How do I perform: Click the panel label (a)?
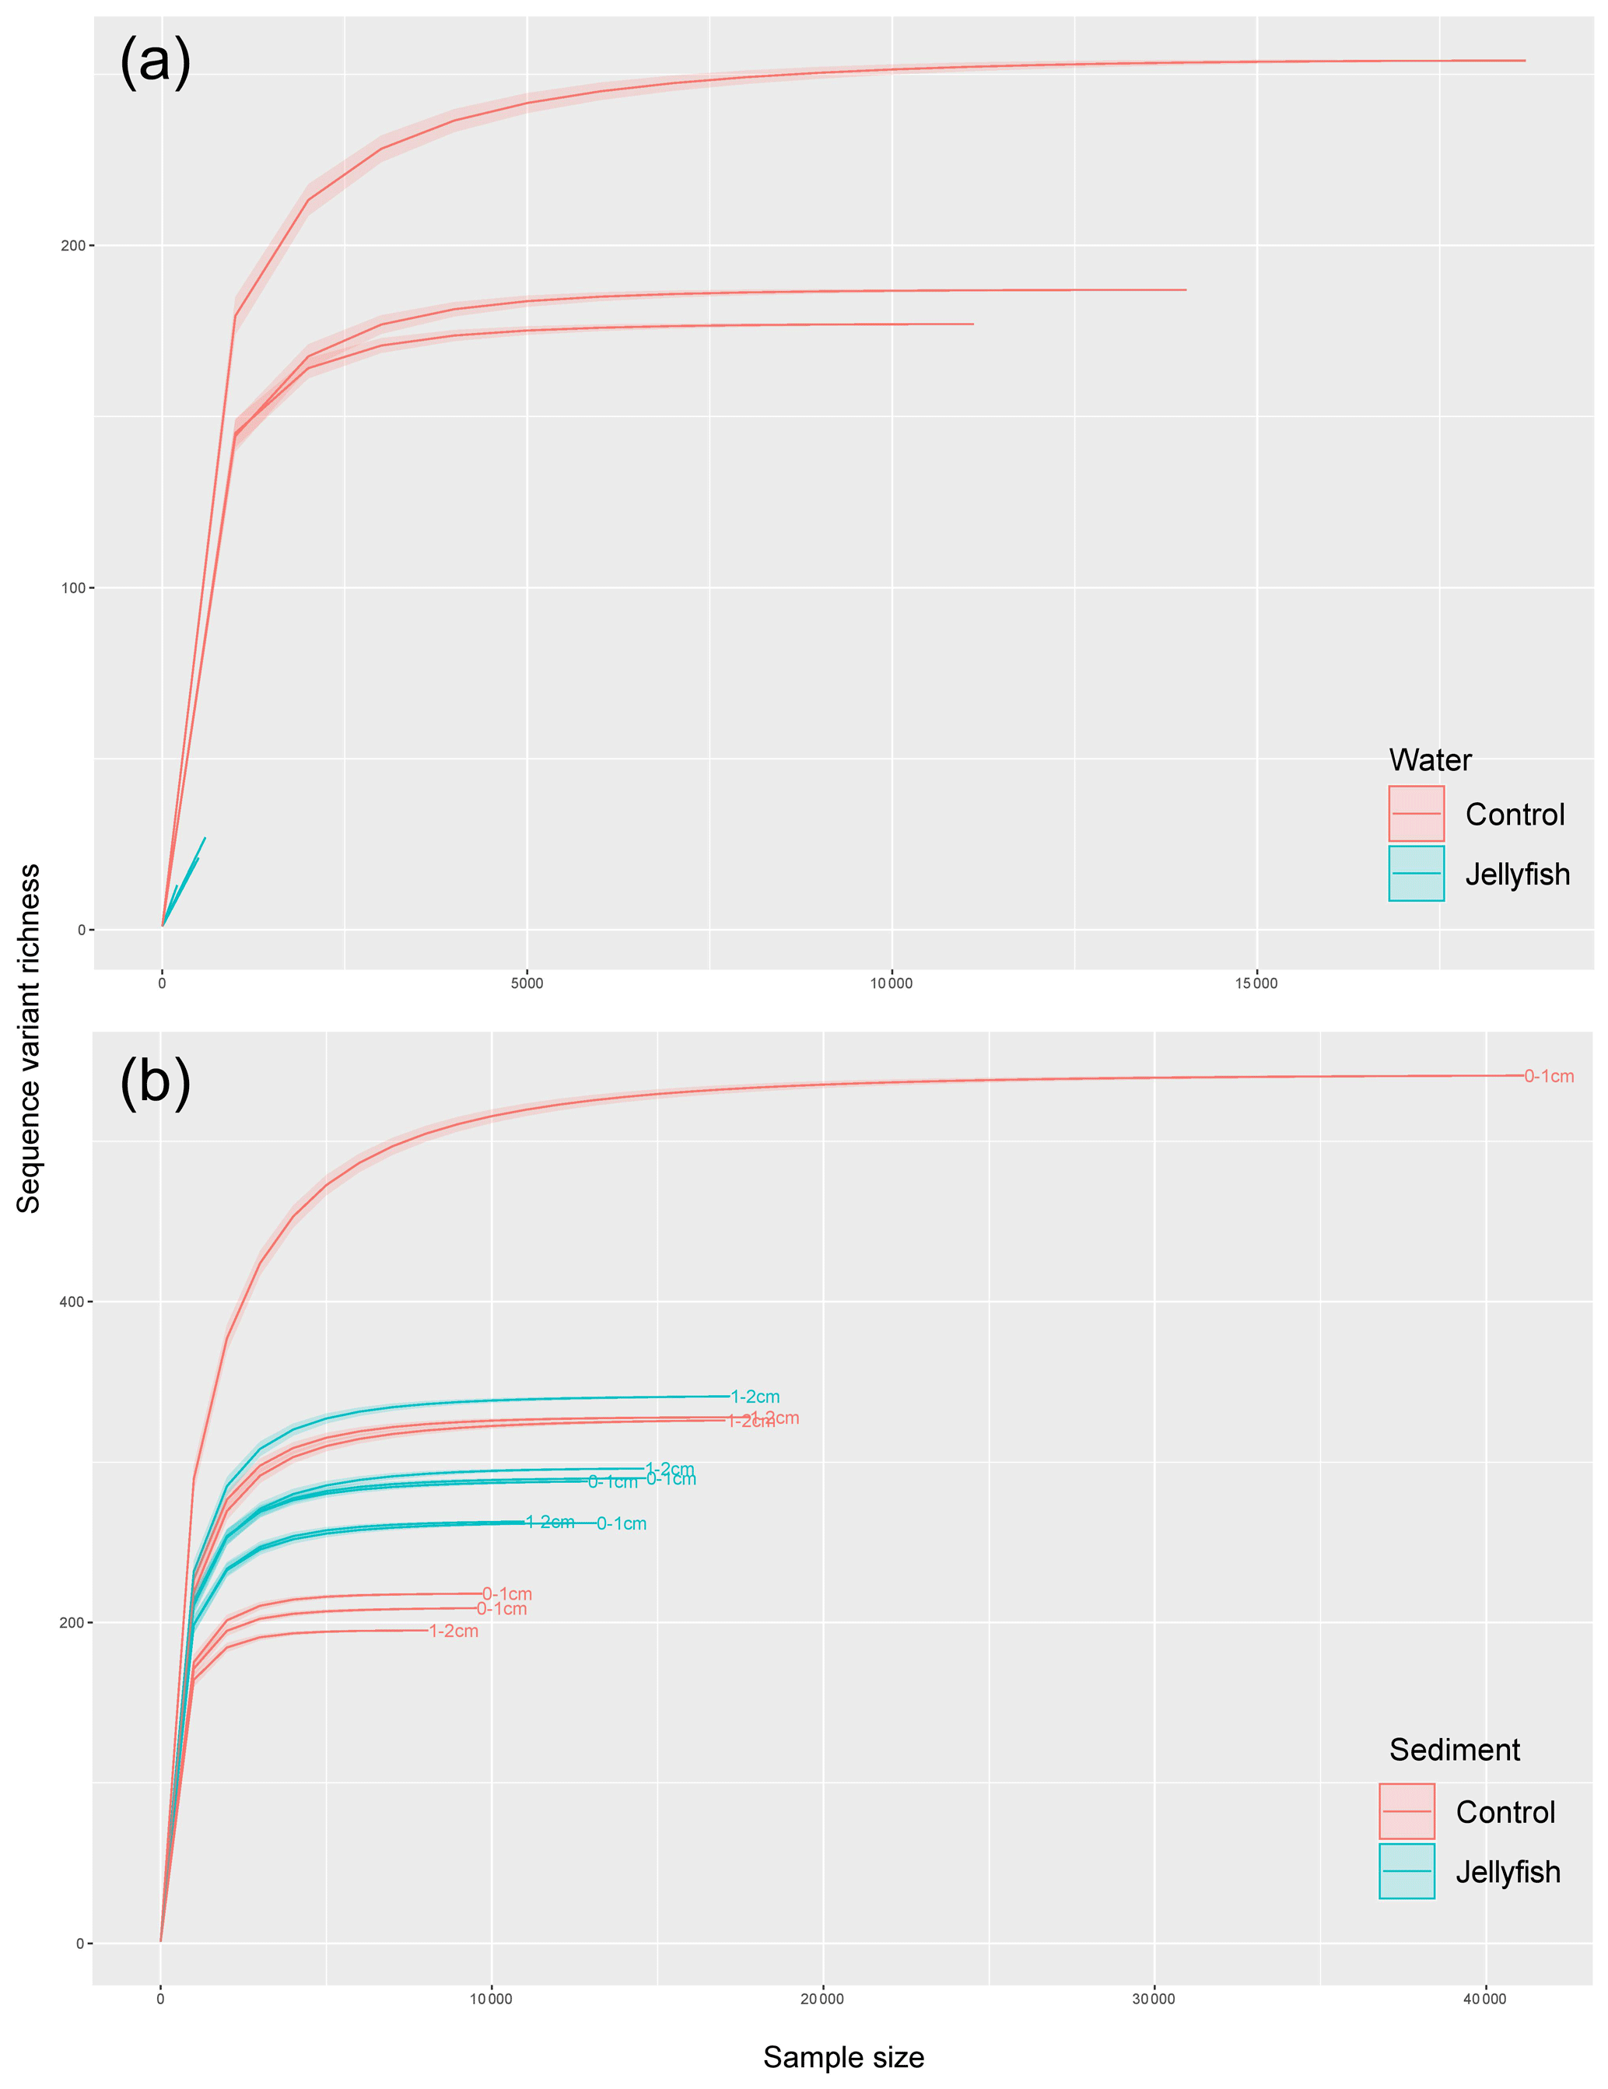click(x=155, y=62)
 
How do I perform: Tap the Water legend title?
click(x=1429, y=759)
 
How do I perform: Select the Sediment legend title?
click(x=1454, y=1750)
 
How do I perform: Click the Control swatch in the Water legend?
click(x=1416, y=814)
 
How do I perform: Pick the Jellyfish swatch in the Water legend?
click(x=1416, y=873)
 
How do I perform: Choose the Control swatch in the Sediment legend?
click(x=1407, y=1811)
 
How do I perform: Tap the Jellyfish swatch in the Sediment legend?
click(x=1407, y=1871)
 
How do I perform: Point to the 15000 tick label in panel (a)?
click(x=1255, y=983)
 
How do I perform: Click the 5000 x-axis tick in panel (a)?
click(x=526, y=983)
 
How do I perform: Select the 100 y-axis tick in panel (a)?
click(x=72, y=587)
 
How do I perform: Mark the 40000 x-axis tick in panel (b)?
click(x=1484, y=1998)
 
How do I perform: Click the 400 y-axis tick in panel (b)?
click(x=71, y=1302)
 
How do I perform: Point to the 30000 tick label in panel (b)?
click(x=1154, y=1998)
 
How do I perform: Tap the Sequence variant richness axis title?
click(x=29, y=1038)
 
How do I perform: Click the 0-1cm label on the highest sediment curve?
click(x=1549, y=1076)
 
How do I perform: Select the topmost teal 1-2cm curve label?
click(x=755, y=1397)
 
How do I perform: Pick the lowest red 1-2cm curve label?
click(x=454, y=1631)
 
